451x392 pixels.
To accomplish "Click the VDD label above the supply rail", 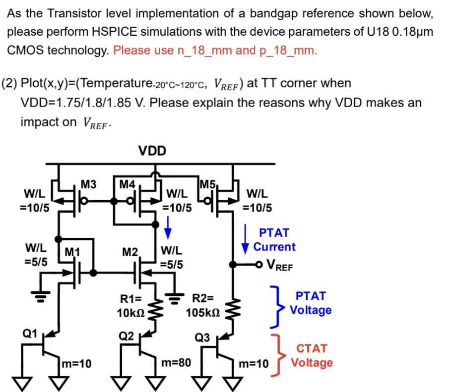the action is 152,151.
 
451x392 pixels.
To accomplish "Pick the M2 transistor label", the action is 130,252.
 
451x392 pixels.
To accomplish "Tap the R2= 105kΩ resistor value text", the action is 202,306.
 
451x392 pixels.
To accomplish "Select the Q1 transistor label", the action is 29,333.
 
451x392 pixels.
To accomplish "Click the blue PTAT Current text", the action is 274,240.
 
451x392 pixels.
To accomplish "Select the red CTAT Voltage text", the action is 312,356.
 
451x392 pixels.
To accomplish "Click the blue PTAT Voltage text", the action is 311,303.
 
